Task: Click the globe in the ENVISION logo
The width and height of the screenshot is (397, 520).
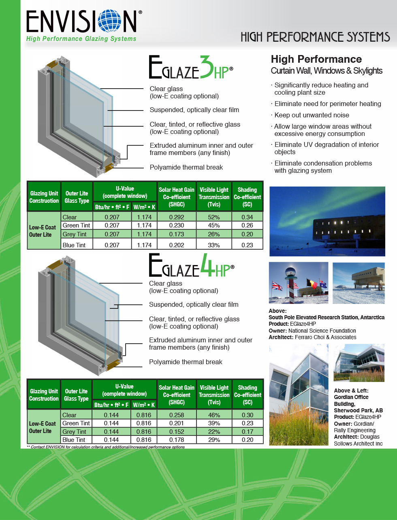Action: [110, 21]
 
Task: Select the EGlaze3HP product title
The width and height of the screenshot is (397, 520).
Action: [190, 68]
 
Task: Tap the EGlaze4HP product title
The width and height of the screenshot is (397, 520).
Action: [191, 266]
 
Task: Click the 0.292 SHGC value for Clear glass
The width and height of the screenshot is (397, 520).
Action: [177, 217]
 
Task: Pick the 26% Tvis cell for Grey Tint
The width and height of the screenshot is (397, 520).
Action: [214, 234]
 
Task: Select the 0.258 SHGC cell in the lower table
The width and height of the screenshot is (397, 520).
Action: [177, 415]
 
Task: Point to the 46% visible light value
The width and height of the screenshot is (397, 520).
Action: [214, 415]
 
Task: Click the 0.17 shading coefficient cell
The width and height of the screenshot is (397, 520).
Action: [248, 431]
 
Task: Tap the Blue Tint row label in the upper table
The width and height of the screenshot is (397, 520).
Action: [74, 245]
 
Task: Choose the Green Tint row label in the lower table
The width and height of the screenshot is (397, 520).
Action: [76, 423]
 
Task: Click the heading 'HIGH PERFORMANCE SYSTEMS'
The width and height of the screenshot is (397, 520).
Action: [315, 37]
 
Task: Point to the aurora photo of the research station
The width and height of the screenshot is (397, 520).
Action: [327, 221]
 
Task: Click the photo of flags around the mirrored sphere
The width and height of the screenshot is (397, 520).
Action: [299, 283]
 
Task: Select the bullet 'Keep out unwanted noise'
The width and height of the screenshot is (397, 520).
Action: [312, 115]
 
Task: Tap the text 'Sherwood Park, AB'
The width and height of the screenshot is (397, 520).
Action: [358, 410]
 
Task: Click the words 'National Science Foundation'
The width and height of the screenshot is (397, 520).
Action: [322, 331]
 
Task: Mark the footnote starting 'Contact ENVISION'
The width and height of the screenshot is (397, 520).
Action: [105, 447]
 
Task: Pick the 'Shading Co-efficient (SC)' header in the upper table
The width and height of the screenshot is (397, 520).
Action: [247, 197]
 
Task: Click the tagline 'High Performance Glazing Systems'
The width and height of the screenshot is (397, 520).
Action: [81, 39]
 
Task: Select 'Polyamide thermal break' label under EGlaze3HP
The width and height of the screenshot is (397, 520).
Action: [186, 167]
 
